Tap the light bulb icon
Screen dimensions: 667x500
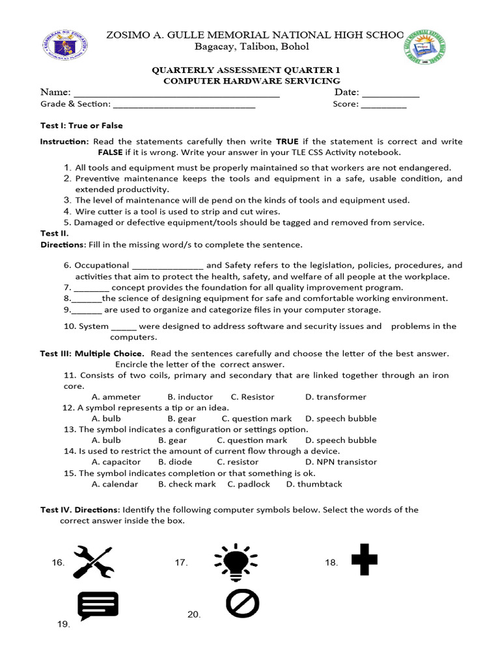click(235, 561)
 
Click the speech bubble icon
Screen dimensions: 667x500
click(98, 605)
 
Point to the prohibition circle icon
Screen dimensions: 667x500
click(242, 603)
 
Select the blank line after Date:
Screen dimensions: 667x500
click(391, 93)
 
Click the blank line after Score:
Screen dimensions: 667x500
click(383, 104)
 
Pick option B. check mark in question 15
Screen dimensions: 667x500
click(186, 484)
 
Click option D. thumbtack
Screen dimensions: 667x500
click(314, 484)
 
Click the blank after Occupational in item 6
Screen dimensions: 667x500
click(168, 266)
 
